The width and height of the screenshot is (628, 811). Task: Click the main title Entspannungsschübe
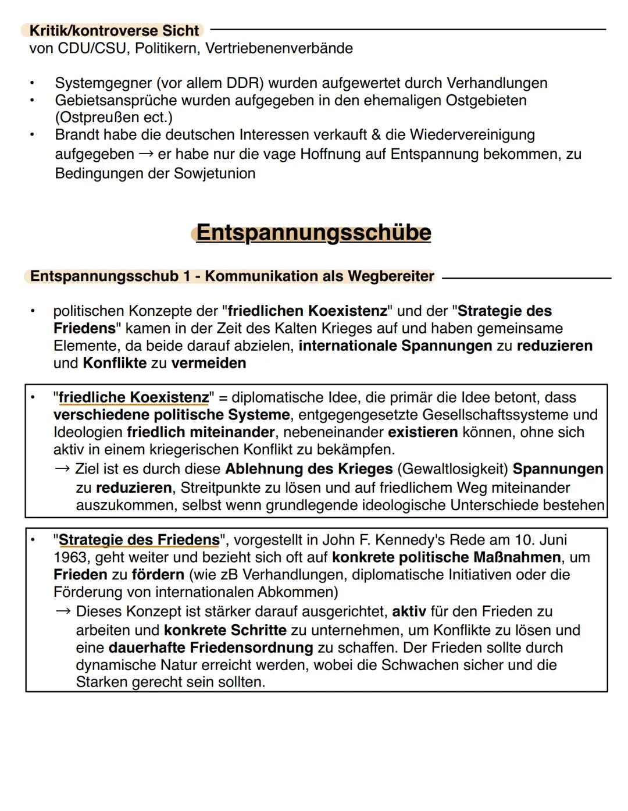(x=313, y=233)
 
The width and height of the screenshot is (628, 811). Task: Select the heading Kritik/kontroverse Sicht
(x=114, y=30)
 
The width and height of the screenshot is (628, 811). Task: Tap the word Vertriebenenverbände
(x=279, y=48)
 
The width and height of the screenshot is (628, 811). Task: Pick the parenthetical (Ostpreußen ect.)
(x=113, y=118)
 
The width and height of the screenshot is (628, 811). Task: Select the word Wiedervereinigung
(x=472, y=135)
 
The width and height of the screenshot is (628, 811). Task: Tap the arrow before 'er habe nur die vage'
(x=145, y=155)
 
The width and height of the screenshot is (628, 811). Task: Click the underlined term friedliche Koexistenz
(x=134, y=397)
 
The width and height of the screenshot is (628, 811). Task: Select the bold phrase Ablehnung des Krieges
(x=309, y=469)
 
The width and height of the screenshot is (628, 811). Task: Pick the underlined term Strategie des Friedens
(x=139, y=540)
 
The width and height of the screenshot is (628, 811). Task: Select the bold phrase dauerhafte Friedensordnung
(x=210, y=648)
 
